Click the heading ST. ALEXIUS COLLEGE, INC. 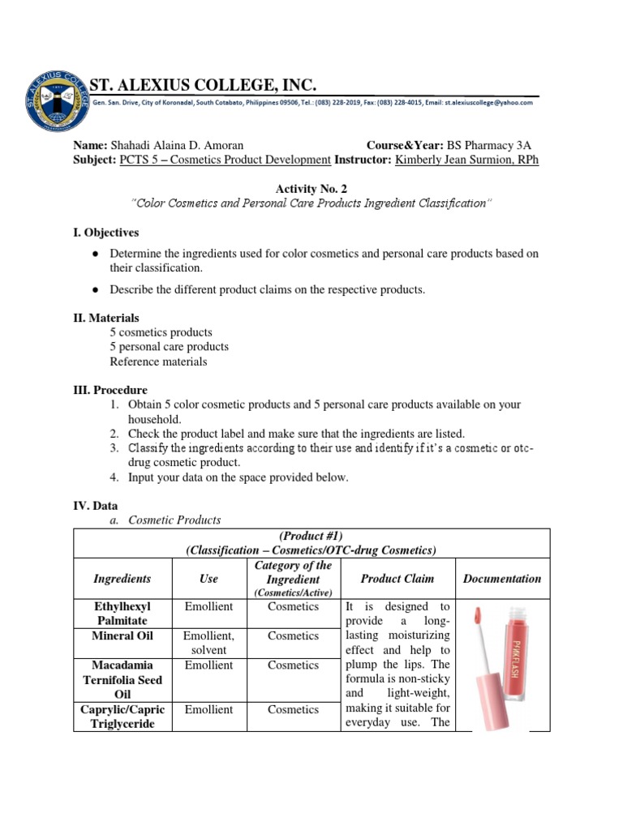click(x=202, y=85)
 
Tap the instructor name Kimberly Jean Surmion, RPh click(x=466, y=160)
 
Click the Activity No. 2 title click(x=311, y=188)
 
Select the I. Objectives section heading click(x=106, y=233)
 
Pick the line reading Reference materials click(x=158, y=362)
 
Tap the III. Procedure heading click(x=110, y=390)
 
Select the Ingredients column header click(x=122, y=579)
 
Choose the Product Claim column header click(x=397, y=579)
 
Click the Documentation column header click(x=501, y=579)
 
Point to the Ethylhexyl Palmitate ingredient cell click(x=122, y=613)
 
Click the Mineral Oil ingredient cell click(x=122, y=635)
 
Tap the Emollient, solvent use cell click(x=208, y=643)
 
